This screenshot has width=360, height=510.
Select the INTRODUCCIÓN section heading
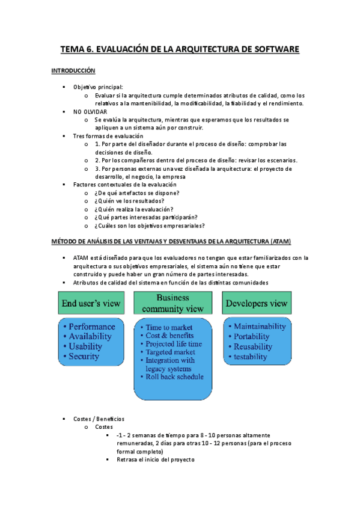(x=74, y=70)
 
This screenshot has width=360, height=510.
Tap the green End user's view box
(x=91, y=304)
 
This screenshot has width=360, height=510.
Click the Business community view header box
(x=172, y=303)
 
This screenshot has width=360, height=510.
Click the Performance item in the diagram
(x=92, y=327)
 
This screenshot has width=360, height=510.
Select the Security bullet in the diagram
(x=84, y=357)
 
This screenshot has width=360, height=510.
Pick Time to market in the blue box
(x=170, y=327)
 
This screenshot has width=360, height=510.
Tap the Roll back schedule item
(x=174, y=377)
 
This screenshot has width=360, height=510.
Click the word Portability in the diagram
(x=252, y=336)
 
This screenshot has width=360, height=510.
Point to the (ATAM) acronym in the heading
(x=279, y=242)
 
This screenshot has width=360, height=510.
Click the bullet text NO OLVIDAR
(x=90, y=112)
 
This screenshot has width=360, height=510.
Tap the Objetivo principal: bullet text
(x=98, y=87)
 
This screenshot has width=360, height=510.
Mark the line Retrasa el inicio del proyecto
(x=155, y=459)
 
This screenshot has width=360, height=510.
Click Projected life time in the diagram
(x=174, y=343)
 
